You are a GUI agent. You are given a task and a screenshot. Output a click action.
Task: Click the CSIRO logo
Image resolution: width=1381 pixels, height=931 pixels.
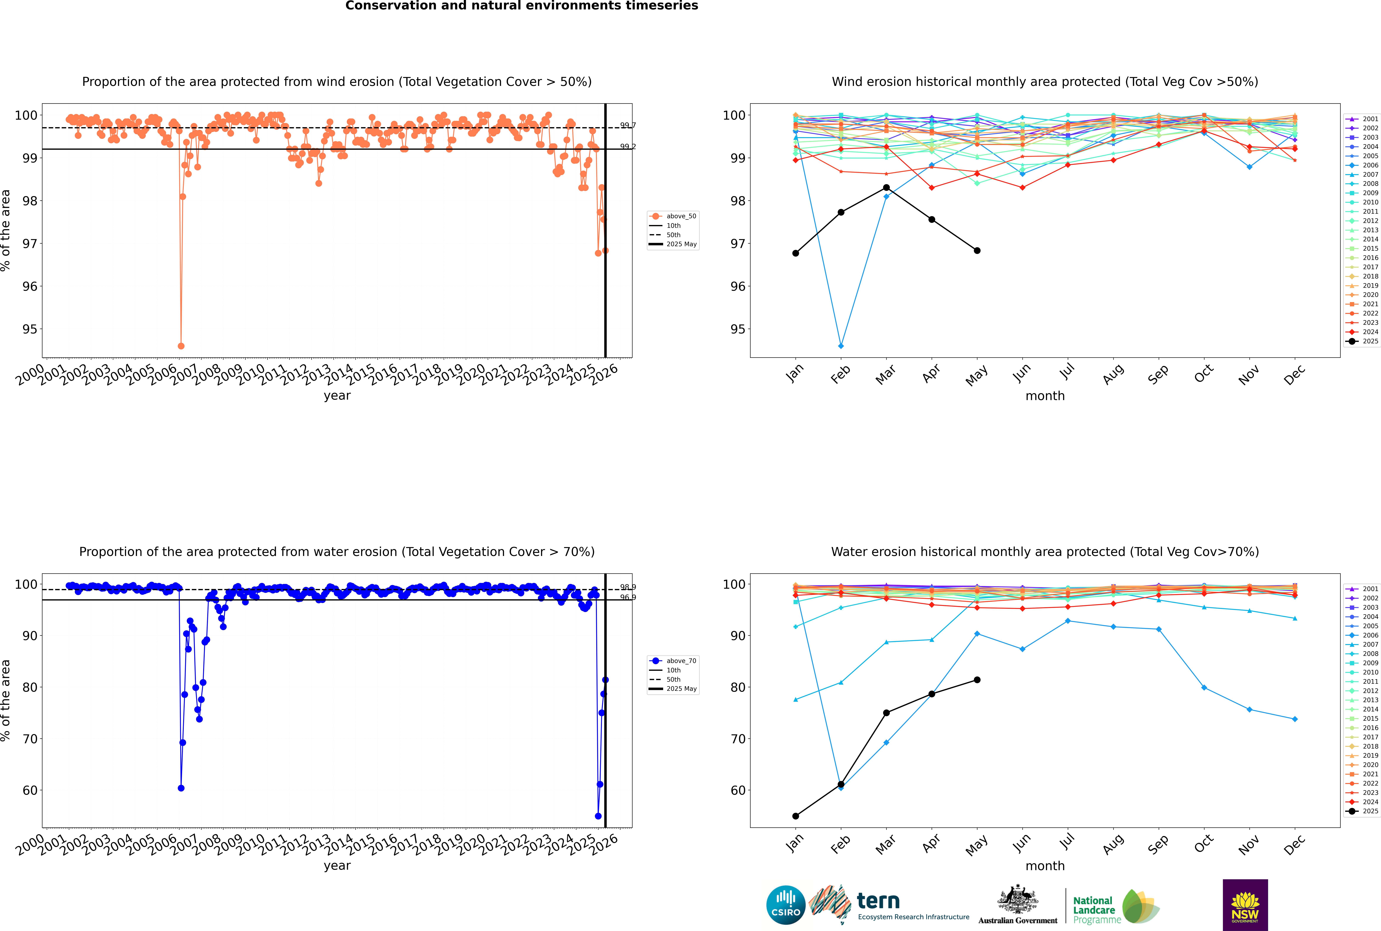(785, 905)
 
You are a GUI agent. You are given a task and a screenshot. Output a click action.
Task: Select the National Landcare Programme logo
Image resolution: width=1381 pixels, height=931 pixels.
(1115, 907)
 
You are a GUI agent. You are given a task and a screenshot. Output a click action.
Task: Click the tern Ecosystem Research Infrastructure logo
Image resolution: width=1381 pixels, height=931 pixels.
(889, 905)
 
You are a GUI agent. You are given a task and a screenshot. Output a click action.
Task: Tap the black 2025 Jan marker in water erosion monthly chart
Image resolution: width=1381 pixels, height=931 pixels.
(796, 816)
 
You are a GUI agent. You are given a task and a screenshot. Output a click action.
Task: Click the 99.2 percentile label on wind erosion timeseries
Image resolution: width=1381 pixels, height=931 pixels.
(628, 147)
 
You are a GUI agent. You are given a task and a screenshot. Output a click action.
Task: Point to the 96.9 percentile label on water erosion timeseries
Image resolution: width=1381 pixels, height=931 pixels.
(628, 597)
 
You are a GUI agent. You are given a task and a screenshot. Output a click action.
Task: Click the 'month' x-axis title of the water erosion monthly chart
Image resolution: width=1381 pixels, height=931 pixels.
(1045, 866)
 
